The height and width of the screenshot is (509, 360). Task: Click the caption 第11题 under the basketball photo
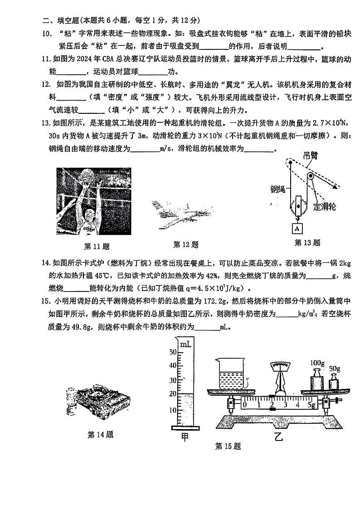click(97, 247)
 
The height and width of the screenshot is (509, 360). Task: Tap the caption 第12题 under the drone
click(186, 245)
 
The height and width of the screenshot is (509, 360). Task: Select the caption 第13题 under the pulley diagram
click(307, 242)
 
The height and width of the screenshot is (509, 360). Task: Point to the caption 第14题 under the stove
click(100, 435)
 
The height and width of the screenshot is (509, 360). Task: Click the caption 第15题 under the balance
click(228, 446)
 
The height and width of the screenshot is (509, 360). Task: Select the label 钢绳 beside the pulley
click(277, 189)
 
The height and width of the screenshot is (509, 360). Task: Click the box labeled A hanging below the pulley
click(297, 227)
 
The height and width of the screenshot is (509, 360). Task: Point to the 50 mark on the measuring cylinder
click(172, 352)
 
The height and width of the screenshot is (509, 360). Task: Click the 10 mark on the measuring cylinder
click(172, 410)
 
